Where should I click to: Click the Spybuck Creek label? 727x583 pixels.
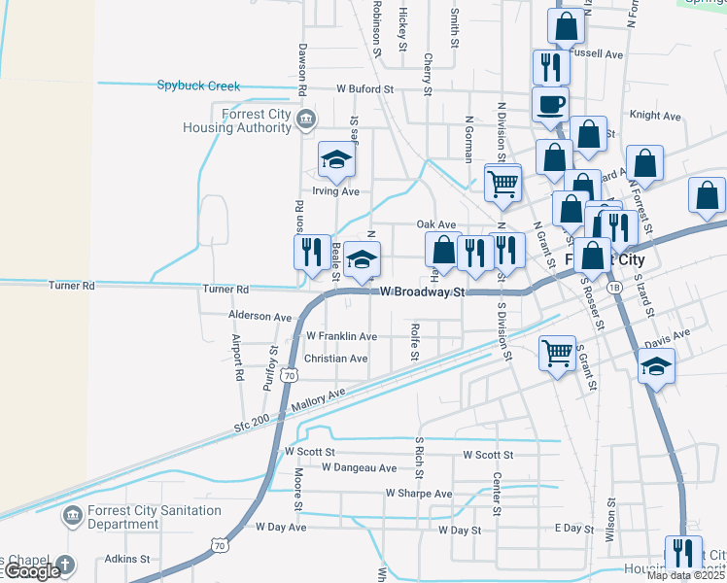click(x=198, y=86)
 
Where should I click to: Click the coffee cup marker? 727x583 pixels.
click(x=550, y=104)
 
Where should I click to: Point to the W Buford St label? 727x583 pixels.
click(x=364, y=88)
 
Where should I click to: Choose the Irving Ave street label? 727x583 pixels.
click(x=335, y=191)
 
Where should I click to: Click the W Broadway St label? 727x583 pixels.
click(x=423, y=291)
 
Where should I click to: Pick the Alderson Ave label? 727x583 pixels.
click(x=260, y=317)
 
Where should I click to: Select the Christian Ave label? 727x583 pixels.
click(x=336, y=359)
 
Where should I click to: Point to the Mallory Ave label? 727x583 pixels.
click(x=317, y=396)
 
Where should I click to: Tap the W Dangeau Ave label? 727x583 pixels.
click(x=359, y=467)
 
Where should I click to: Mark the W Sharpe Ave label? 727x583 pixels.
click(x=418, y=494)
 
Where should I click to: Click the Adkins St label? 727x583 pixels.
click(x=127, y=559)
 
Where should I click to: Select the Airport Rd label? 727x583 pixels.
click(x=237, y=357)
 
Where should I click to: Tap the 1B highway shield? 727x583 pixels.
click(x=613, y=288)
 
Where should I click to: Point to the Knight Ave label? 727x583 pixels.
click(x=655, y=115)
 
